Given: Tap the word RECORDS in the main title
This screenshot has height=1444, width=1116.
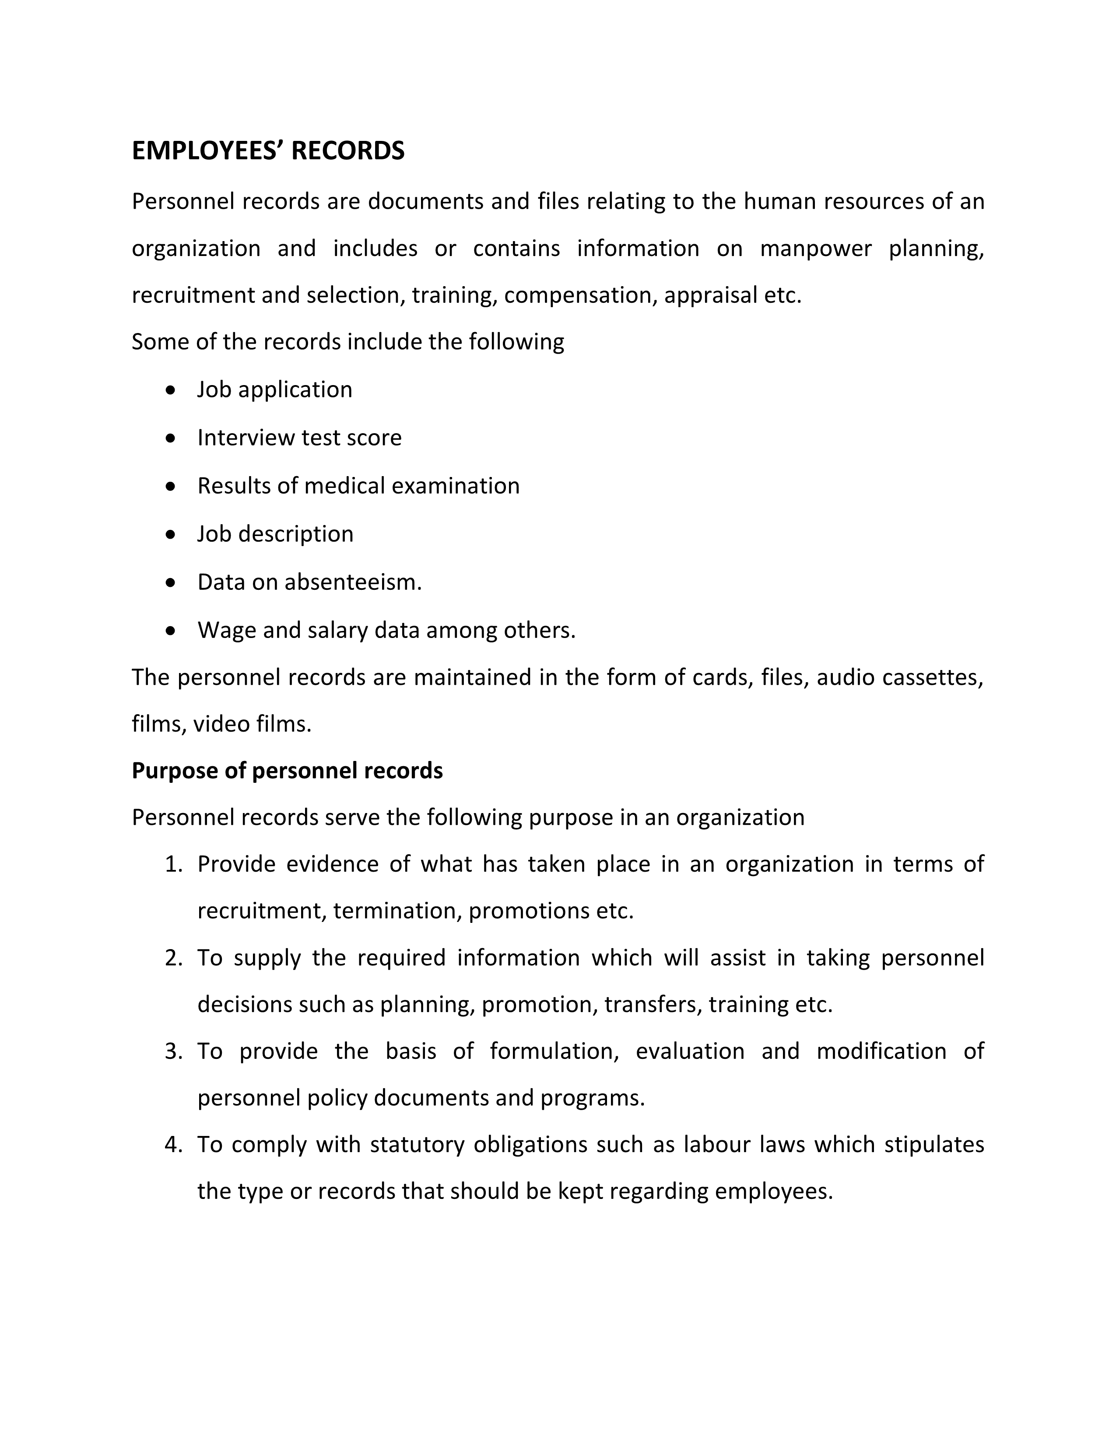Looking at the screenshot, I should pyautogui.click(x=348, y=151).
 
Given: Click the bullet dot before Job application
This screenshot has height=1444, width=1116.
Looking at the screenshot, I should pyautogui.click(x=171, y=390).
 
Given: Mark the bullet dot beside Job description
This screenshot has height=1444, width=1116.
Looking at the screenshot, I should pyautogui.click(x=171, y=534).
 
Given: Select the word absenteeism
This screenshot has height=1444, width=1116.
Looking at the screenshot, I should pyautogui.click(x=353, y=582).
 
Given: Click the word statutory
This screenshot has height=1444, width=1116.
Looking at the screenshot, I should pyautogui.click(x=417, y=1145).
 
